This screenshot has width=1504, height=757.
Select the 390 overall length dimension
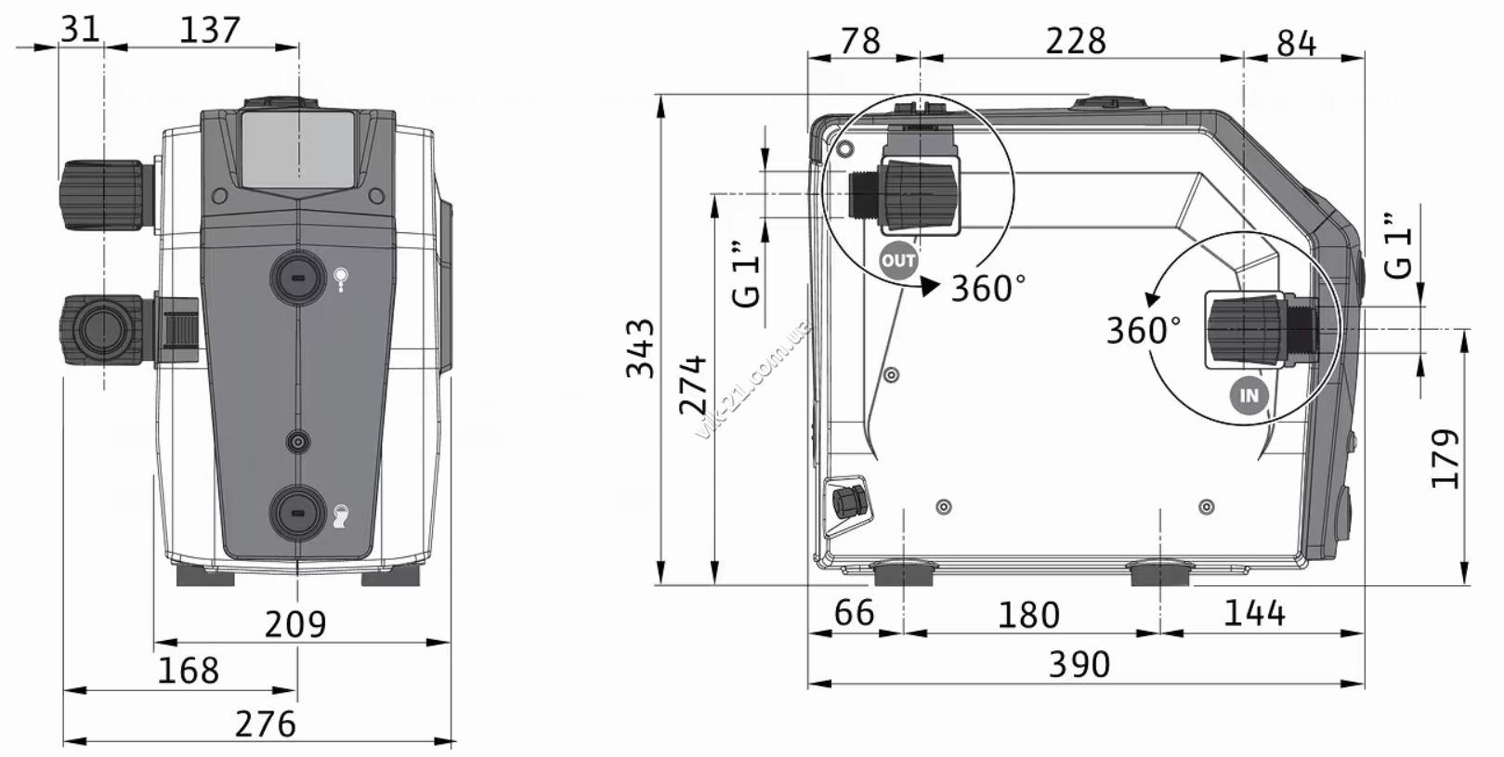[x=1079, y=664]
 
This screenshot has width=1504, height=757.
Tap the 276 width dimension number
[x=265, y=724]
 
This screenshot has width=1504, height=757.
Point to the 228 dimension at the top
[x=1076, y=41]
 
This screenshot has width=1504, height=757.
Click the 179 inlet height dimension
[x=1445, y=458]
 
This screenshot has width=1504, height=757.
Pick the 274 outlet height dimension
[x=694, y=385]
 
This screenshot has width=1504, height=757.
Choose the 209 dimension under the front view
[x=295, y=624]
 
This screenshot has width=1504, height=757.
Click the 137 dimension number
[x=210, y=31]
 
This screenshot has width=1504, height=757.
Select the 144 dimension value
[x=1254, y=613]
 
